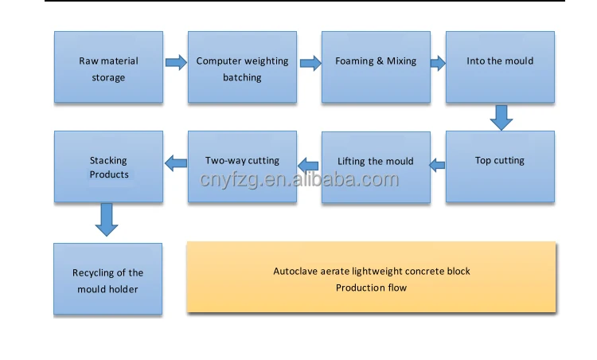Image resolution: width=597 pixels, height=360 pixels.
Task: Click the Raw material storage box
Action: tap(108, 68)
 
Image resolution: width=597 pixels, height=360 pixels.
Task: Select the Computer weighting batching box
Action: tap(242, 68)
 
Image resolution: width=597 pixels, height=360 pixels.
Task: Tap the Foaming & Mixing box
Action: tap(376, 68)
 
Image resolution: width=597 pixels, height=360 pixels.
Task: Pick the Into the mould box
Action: tap(500, 68)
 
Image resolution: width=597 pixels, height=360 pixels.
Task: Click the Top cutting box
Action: tap(500, 166)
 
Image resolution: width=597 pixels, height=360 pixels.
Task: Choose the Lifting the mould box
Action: tap(376, 167)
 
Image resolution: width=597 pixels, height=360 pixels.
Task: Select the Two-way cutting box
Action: tap(242, 166)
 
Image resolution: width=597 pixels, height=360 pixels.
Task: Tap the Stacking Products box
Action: tap(108, 166)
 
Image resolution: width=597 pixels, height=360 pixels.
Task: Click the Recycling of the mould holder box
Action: tap(108, 279)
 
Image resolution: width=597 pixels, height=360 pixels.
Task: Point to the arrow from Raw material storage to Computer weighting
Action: tap(175, 61)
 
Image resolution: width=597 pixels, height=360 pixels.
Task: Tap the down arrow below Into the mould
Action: tap(501, 117)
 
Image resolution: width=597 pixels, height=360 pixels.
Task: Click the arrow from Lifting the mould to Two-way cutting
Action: tap(308, 165)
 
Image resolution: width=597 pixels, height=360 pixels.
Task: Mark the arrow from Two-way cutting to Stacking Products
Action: tap(175, 164)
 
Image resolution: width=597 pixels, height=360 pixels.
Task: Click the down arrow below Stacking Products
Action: tap(107, 219)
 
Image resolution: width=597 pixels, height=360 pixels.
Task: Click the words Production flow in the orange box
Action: tap(371, 288)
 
